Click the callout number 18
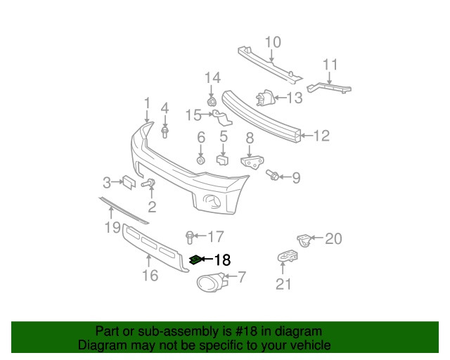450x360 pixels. coord(221,259)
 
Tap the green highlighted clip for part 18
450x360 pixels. coord(195,260)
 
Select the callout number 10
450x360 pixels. coord(272,41)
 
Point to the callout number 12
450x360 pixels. coord(321,136)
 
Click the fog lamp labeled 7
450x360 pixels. coord(209,283)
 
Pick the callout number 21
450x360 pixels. coord(283,283)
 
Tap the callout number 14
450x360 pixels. coord(212,77)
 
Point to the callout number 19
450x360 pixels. coord(112,226)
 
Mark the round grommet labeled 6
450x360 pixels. coord(200,161)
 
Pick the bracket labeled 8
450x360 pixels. coord(250,162)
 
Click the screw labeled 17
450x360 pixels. coord(189,236)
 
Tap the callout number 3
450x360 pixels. coord(108,183)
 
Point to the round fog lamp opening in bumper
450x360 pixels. coord(211,204)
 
